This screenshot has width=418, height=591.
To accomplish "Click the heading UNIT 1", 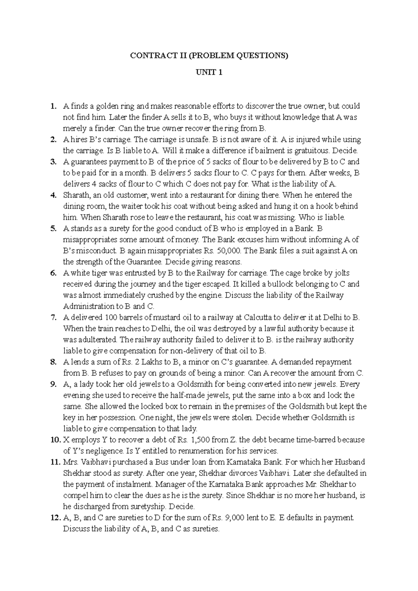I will pyautogui.click(x=209, y=72).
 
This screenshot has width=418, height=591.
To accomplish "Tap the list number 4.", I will pyautogui.click(x=53, y=195).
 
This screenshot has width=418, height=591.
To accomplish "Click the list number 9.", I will pyautogui.click(x=53, y=384).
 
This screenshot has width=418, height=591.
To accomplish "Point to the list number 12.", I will pyautogui.click(x=55, y=518).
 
